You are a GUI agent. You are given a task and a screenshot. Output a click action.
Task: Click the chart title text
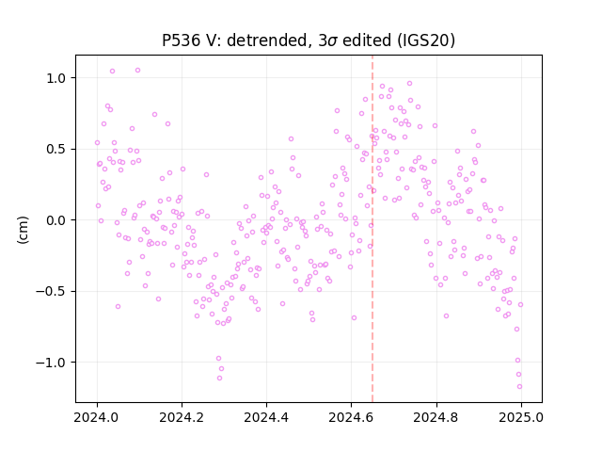point(309,40)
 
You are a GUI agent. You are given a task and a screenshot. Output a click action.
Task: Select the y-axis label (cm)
point(23,230)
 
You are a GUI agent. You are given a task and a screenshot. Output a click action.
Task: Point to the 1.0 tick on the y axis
point(57,78)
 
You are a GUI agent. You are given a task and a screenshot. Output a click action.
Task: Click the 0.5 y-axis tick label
point(57,149)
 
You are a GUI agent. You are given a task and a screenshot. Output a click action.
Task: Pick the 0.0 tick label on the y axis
point(57,220)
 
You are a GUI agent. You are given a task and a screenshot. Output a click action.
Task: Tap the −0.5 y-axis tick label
point(53,291)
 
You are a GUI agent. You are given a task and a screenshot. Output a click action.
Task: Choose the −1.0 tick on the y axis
point(53,363)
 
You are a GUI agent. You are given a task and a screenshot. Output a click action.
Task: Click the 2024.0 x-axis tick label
point(97,417)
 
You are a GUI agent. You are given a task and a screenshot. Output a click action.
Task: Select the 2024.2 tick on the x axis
point(182,417)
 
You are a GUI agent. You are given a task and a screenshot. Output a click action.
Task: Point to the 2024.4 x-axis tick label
point(266,417)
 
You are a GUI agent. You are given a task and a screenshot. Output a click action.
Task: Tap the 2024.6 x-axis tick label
point(351,417)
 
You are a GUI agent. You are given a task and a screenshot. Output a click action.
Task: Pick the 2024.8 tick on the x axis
point(436,417)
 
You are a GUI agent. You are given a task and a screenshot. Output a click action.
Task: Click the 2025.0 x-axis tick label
point(521,417)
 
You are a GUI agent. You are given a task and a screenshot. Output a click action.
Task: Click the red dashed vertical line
point(372,229)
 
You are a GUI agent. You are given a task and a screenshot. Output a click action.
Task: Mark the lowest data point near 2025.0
point(519,387)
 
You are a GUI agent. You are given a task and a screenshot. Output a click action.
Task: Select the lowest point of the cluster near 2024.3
point(219,379)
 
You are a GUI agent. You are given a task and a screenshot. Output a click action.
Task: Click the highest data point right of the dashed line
point(410,84)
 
